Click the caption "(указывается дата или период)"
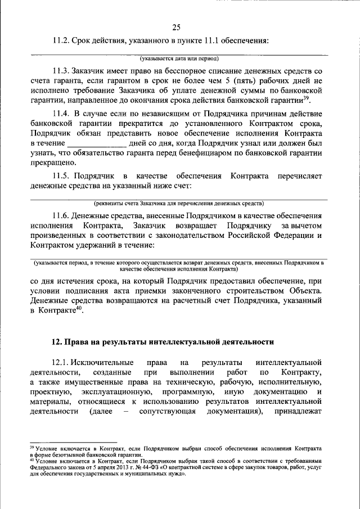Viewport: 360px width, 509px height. [x=179, y=58]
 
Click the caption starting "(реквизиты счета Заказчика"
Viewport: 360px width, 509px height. [x=179, y=204]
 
